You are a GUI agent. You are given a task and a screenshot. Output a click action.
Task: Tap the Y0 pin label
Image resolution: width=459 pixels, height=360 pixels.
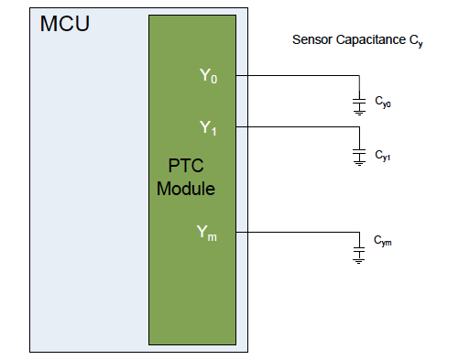tap(209, 76)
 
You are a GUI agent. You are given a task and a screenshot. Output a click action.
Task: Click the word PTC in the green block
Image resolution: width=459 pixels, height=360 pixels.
tap(186, 169)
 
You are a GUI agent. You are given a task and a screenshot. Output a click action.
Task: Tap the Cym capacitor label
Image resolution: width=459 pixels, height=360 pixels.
tap(382, 241)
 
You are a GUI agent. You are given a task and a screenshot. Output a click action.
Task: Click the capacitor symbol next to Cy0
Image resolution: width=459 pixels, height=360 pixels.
tap(359, 100)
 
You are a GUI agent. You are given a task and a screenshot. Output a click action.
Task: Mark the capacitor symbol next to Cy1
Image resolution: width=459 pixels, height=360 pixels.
tap(359, 152)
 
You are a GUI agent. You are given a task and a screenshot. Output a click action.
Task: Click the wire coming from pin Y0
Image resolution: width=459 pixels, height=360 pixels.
tap(293, 75)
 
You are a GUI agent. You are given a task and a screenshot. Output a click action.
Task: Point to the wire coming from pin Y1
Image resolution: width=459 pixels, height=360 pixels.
tap(293, 126)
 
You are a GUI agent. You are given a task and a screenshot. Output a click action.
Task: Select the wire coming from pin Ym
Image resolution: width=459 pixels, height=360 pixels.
tap(293, 232)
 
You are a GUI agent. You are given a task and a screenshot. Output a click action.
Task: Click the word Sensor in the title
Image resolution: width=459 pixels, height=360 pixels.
tap(311, 40)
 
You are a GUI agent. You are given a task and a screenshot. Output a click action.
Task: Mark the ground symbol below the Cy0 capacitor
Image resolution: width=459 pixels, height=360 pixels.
tap(359, 112)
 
